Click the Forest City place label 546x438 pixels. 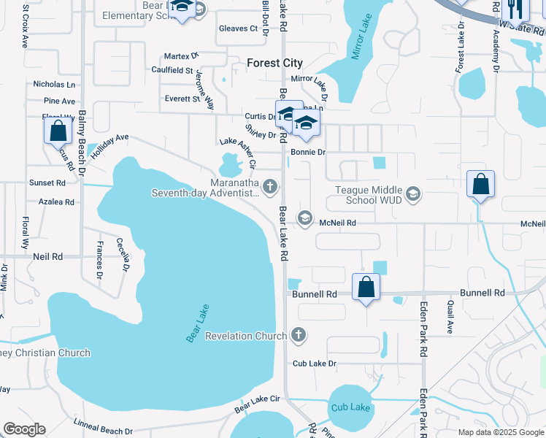tap(274, 63)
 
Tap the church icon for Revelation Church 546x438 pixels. tap(297, 336)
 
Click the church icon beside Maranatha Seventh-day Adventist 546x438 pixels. tap(270, 187)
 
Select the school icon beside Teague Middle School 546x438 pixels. tap(413, 193)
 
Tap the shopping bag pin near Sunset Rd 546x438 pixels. tap(58, 132)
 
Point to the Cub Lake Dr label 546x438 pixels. tap(314, 363)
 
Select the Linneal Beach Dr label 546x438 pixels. tap(103, 427)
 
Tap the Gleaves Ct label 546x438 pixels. tap(239, 29)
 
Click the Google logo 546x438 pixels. tap(24, 429)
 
